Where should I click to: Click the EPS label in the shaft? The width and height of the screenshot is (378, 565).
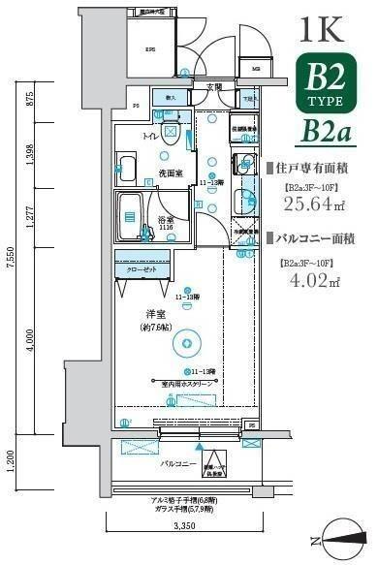(151, 50)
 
